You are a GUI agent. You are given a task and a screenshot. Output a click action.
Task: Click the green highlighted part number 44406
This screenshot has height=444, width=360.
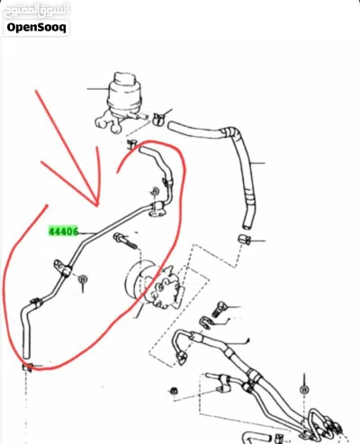[63, 231]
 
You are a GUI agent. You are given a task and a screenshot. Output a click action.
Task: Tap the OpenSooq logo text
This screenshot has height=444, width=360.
[36, 27]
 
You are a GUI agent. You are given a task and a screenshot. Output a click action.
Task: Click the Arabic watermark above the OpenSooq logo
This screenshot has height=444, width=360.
[36, 11]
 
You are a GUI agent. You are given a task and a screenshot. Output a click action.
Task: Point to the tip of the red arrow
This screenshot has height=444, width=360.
[97, 206]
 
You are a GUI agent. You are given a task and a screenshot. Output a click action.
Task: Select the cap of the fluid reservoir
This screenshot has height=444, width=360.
[125, 77]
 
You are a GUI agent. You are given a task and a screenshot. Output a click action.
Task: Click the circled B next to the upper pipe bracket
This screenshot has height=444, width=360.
[155, 191]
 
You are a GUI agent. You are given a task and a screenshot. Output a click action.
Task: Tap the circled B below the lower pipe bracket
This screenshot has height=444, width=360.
[83, 279]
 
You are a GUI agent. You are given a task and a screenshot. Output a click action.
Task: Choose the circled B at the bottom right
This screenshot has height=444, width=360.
[304, 390]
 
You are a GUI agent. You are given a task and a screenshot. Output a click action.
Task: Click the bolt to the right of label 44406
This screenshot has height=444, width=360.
[125, 241]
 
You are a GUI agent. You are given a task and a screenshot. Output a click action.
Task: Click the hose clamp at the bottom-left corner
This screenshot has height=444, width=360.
[27, 367]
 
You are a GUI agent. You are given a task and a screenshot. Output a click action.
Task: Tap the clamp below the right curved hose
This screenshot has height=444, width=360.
[244, 240]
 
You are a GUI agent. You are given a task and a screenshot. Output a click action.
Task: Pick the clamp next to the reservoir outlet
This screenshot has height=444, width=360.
[158, 119]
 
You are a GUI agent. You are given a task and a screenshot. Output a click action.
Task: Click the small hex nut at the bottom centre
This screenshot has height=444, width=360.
[174, 391]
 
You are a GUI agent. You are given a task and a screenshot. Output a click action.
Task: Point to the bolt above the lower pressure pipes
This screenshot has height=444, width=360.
[219, 310]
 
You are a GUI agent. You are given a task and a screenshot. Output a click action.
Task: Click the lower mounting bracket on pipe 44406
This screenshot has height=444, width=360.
[63, 268]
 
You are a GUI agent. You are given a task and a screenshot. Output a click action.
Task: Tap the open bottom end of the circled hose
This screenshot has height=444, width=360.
[26, 357]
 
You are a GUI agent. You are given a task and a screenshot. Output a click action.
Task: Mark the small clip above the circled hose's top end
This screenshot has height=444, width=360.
[131, 144]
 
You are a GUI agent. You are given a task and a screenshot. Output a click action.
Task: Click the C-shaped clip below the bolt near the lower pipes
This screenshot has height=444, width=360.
[205, 322]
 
